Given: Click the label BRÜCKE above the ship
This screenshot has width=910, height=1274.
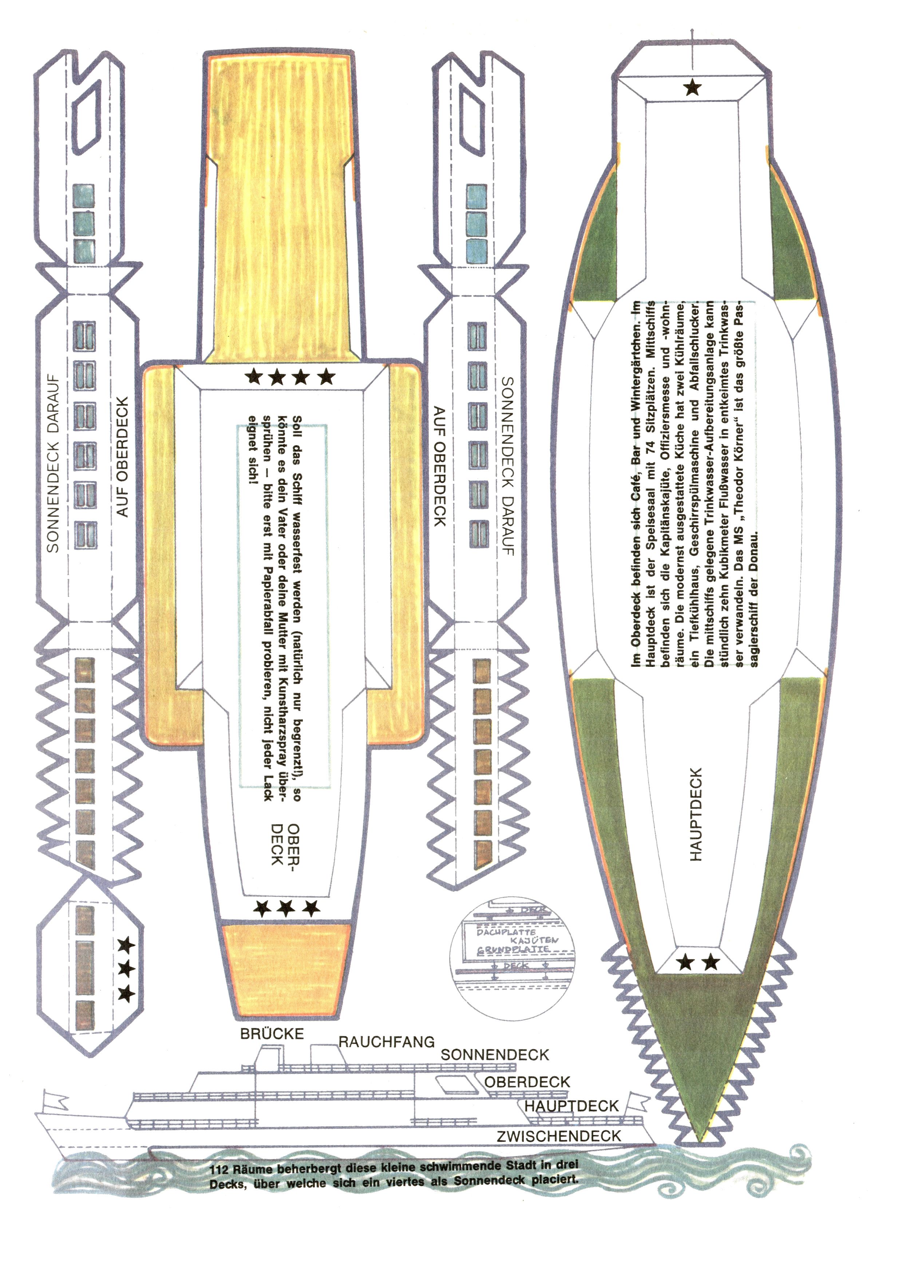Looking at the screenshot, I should tap(272, 1034).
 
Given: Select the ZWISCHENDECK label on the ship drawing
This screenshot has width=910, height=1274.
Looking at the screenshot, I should tap(559, 1136).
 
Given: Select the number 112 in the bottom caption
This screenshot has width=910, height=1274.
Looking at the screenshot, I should tap(219, 1170).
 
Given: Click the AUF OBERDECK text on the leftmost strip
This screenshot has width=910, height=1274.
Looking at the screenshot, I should tap(122, 456).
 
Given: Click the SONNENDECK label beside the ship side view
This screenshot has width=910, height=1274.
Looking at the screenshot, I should tap(494, 1055).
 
